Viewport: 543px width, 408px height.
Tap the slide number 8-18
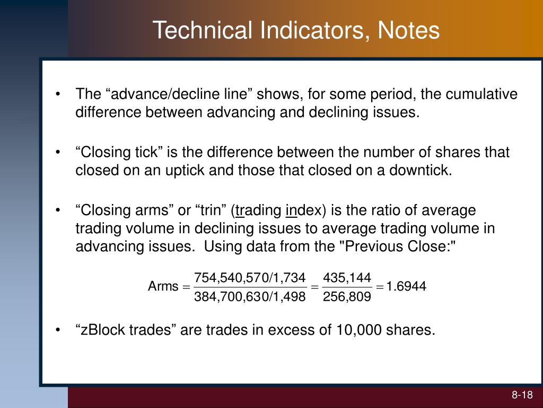[522, 395]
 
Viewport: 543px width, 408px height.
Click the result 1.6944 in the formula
[406, 287]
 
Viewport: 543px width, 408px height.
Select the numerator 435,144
[347, 277]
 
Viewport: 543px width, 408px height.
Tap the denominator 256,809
[347, 297]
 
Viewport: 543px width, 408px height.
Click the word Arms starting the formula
[163, 287]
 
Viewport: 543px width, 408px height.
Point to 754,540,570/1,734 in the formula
[250, 277]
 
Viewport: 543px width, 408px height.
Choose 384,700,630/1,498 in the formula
[250, 297]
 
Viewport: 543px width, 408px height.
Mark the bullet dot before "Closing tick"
[58, 153]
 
